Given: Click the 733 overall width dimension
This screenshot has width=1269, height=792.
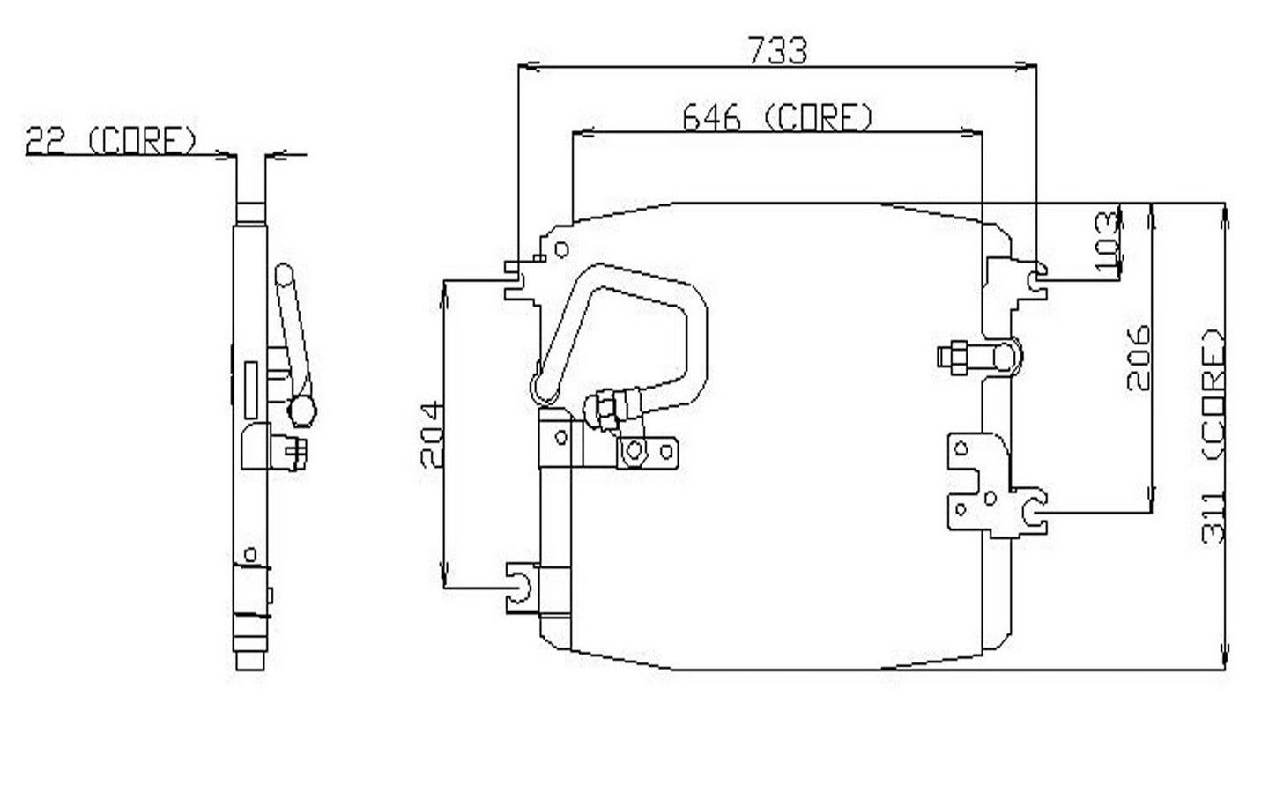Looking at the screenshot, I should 777,50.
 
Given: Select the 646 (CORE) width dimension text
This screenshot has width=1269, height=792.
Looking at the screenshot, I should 778,117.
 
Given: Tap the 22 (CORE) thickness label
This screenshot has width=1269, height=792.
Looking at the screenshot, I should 111,141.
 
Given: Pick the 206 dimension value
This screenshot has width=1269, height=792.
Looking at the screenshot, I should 1139,357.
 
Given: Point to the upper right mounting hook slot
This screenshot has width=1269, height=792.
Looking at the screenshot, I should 1039,278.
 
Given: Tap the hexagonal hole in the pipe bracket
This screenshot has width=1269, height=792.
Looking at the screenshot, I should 632,453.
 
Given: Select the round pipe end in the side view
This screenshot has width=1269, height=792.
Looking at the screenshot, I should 302,410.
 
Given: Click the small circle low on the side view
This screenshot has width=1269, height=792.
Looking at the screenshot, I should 250,554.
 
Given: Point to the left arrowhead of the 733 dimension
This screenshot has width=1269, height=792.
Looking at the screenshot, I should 527,65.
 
